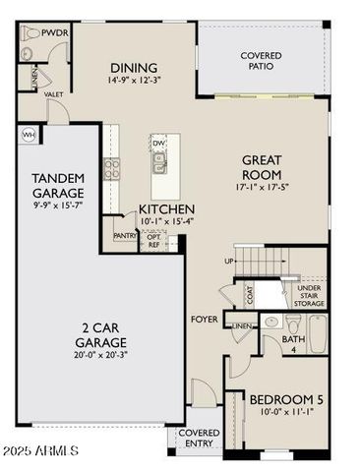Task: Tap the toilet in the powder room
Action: click(28, 32)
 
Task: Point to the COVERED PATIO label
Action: click(261, 62)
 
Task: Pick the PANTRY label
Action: click(125, 236)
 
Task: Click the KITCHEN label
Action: click(165, 210)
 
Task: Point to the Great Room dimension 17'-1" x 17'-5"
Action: click(262, 186)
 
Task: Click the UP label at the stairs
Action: click(229, 262)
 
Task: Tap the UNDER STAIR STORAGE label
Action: click(309, 296)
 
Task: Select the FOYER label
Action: click(204, 320)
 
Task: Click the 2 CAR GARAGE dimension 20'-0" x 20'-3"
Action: click(101, 356)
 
